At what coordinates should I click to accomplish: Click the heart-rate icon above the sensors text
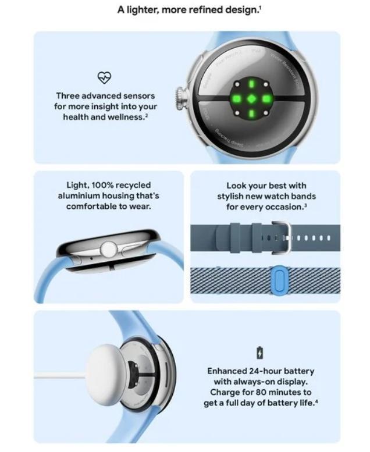pos(104,77)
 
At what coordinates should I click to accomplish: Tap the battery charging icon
pos(259,353)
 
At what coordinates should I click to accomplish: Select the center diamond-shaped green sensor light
pos(251,99)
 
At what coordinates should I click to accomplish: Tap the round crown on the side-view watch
pos(108,250)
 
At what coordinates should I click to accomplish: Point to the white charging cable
pos(58,376)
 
